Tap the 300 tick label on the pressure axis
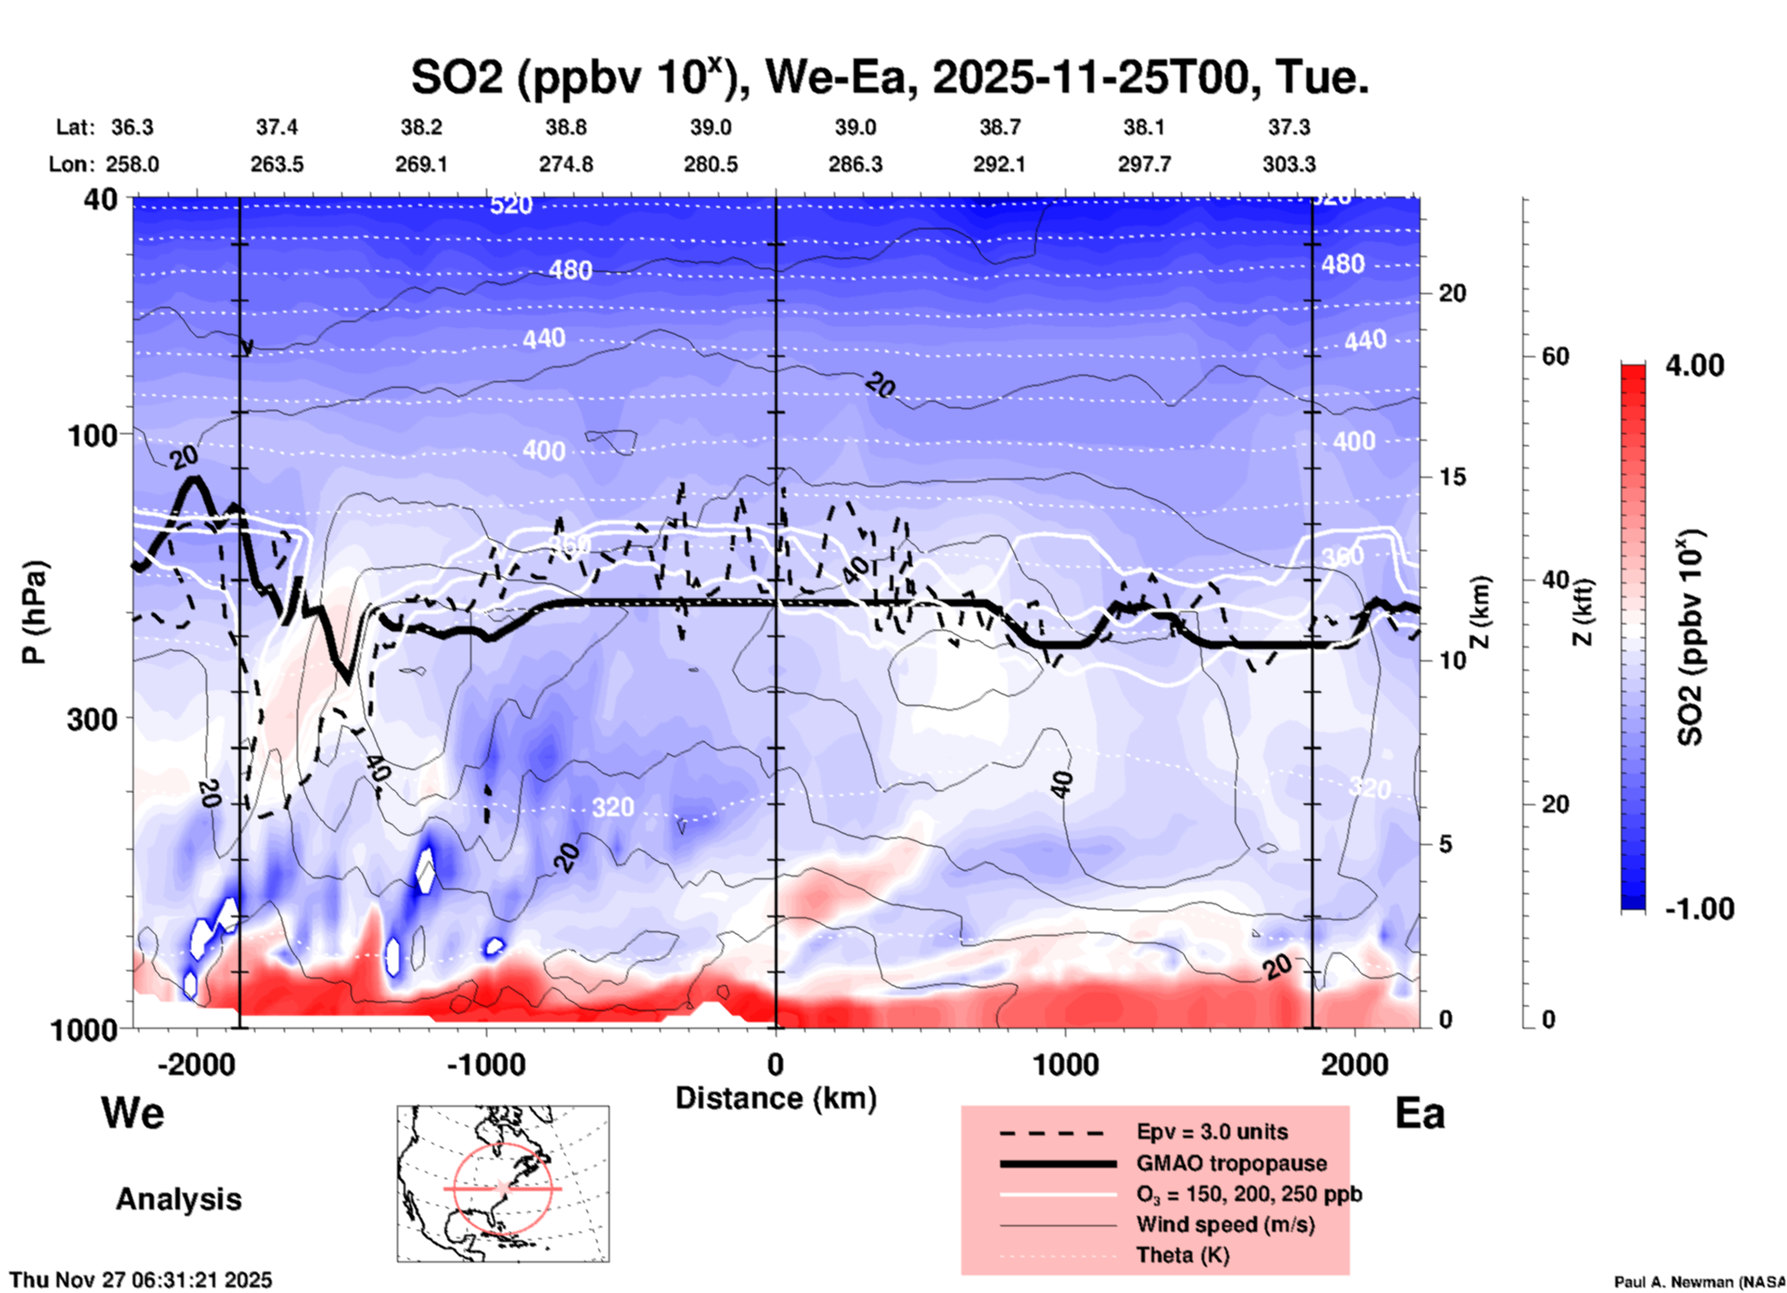(92, 719)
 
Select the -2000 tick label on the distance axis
(197, 1064)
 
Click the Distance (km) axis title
(776, 1098)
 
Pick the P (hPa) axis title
(34, 612)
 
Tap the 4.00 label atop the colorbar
(1694, 365)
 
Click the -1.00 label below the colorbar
(1699, 909)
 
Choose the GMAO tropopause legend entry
(1231, 1163)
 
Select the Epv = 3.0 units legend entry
(1212, 1132)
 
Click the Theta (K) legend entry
(1183, 1255)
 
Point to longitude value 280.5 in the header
(711, 164)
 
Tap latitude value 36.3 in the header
(133, 127)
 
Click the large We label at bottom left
(133, 1112)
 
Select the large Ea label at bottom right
(1420, 1114)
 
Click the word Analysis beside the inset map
(178, 1199)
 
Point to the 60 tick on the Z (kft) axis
(1555, 356)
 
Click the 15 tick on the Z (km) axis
(1452, 477)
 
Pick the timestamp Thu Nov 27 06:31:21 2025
(141, 1280)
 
